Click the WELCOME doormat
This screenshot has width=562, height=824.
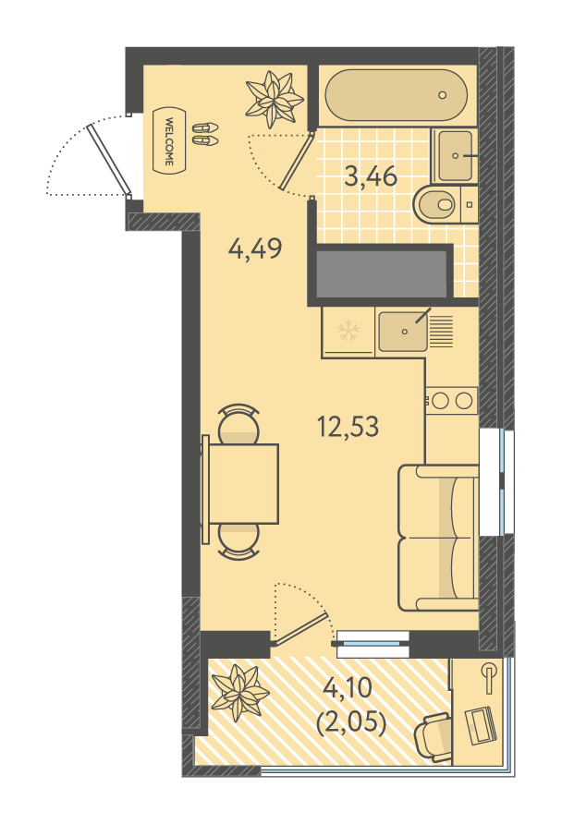click(169, 139)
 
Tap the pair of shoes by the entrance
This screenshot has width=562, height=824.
click(204, 134)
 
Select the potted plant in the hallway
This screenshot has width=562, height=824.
click(275, 100)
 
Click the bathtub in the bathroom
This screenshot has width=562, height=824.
click(396, 96)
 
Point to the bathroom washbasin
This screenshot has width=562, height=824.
click(456, 155)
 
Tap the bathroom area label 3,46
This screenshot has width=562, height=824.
click(371, 176)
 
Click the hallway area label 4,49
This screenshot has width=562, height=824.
click(255, 248)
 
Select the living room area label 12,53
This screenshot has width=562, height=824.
click(348, 426)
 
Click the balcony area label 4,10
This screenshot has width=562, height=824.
click(348, 687)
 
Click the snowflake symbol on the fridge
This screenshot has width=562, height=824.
click(348, 331)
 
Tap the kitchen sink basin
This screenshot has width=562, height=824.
click(403, 331)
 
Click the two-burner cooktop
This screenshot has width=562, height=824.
click(452, 401)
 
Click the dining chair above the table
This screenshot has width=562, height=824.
click(238, 424)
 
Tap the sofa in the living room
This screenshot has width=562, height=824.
click(438, 538)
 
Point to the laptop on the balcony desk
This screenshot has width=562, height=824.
click(481, 726)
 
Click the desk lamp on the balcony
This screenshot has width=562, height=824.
click(490, 674)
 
